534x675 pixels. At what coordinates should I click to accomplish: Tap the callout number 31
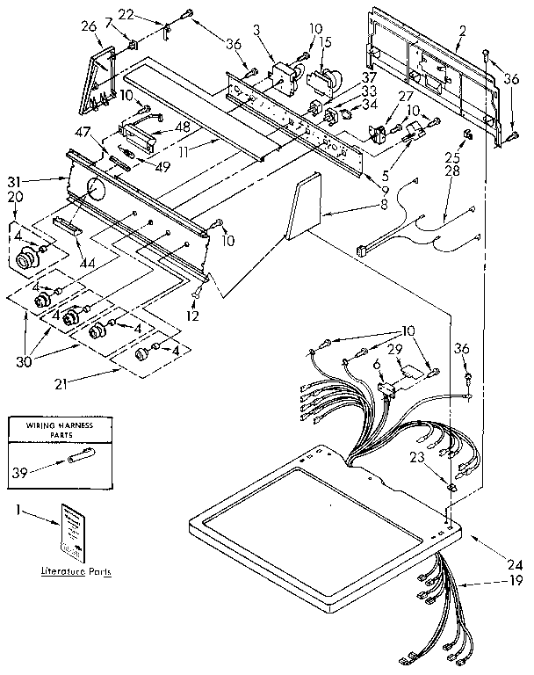pos(37,181)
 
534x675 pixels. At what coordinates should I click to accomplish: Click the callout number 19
pos(514,582)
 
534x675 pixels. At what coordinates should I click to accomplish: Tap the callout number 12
pos(193,316)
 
